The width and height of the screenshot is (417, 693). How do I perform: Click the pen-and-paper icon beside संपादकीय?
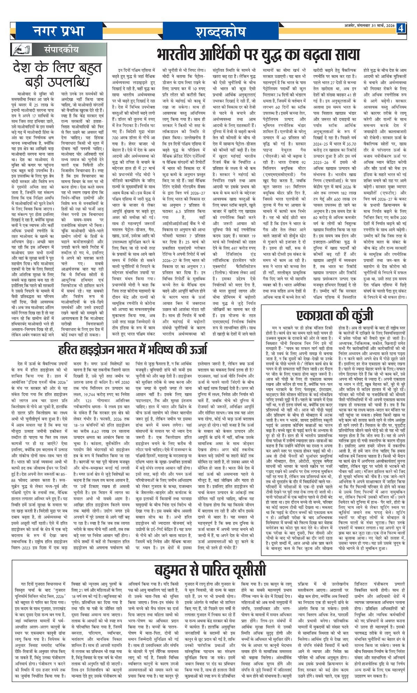pos(21,49)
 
